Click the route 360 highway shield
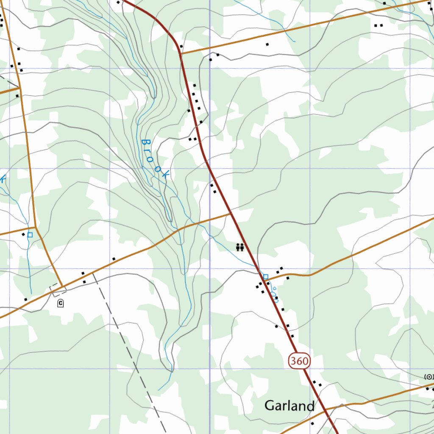(300, 362)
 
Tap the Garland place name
(289, 406)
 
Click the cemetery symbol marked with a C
(61, 303)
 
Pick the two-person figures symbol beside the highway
(240, 247)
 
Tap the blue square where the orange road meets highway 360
(266, 277)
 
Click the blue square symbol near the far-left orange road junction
(30, 234)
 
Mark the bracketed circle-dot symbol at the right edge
(429, 376)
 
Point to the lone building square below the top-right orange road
(267, 44)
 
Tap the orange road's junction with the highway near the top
(181, 54)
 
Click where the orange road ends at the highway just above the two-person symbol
(231, 213)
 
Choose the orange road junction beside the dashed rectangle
(63, 286)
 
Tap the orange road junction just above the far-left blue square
(35, 228)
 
